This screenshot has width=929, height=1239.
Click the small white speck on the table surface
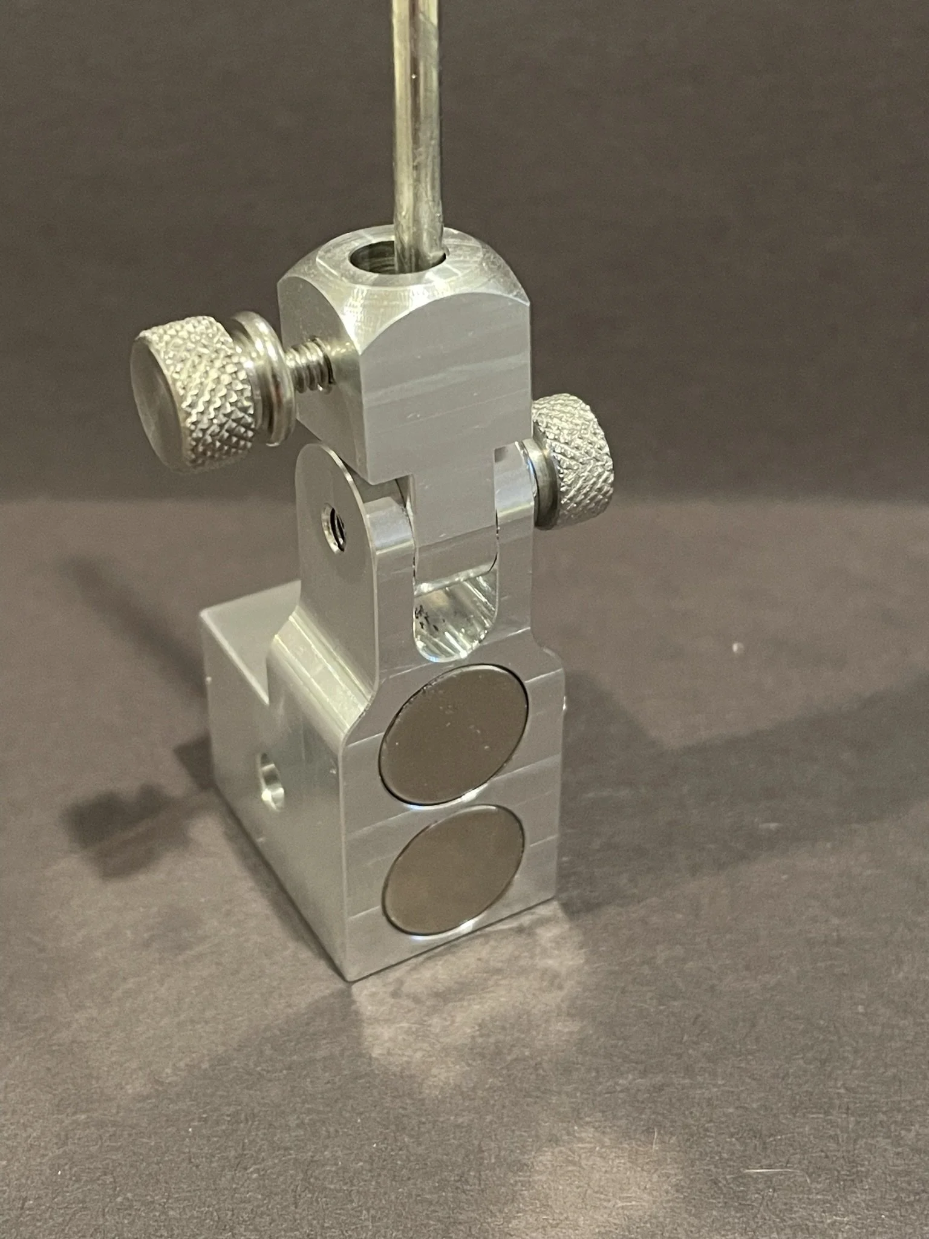pyautogui.click(x=737, y=648)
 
